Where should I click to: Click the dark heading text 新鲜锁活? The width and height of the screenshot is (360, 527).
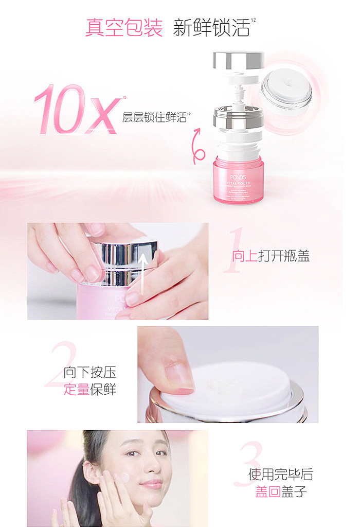211,27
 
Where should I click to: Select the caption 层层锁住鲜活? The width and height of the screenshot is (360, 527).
154,117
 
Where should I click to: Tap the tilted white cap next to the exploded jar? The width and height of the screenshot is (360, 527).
286,93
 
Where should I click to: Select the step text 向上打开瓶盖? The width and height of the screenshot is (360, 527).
271,256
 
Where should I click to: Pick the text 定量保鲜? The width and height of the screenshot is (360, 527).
90,390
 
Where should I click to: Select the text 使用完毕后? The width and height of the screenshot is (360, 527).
281,475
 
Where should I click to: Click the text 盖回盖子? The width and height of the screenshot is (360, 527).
281,492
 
